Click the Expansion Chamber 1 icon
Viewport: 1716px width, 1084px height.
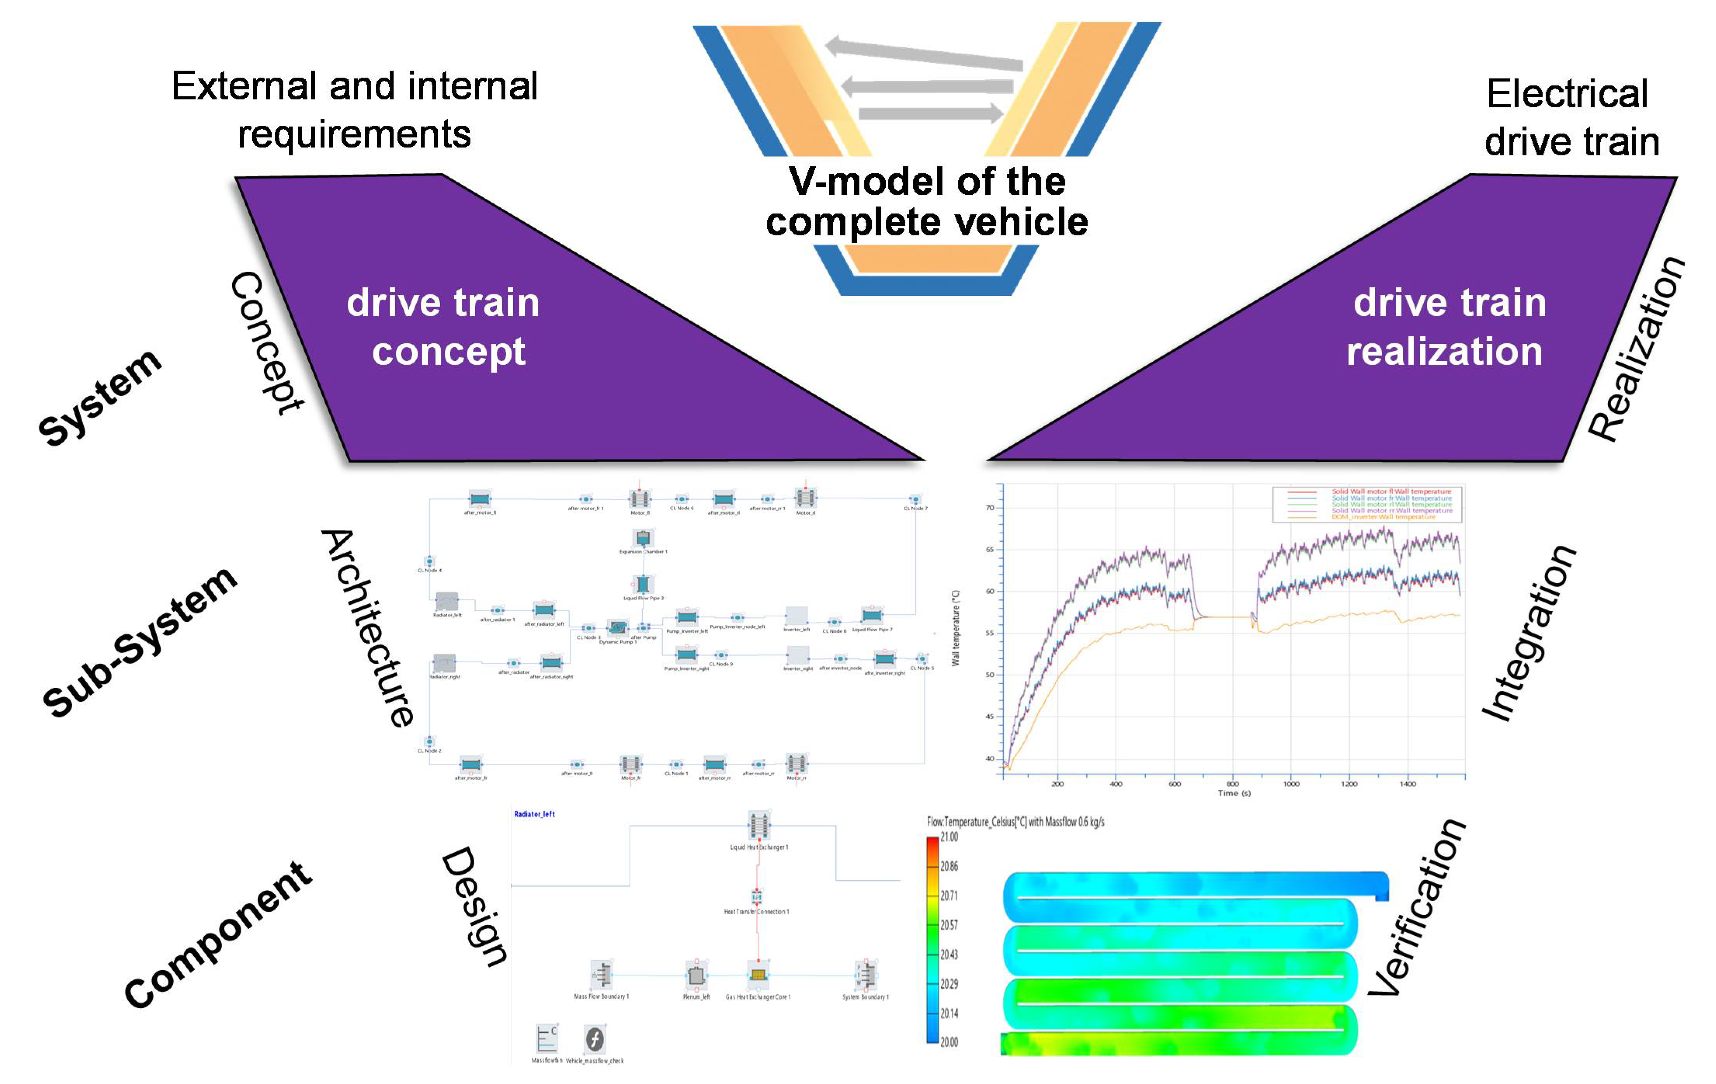click(643, 538)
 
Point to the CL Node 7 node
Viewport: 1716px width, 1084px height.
click(915, 500)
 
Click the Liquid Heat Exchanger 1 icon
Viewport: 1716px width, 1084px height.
click(758, 825)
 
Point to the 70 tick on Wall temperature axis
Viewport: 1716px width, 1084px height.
click(990, 508)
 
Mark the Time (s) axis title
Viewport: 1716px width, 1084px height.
click(1234, 793)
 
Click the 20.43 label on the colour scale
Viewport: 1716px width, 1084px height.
click(949, 954)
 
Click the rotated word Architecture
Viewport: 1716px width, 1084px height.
click(368, 627)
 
